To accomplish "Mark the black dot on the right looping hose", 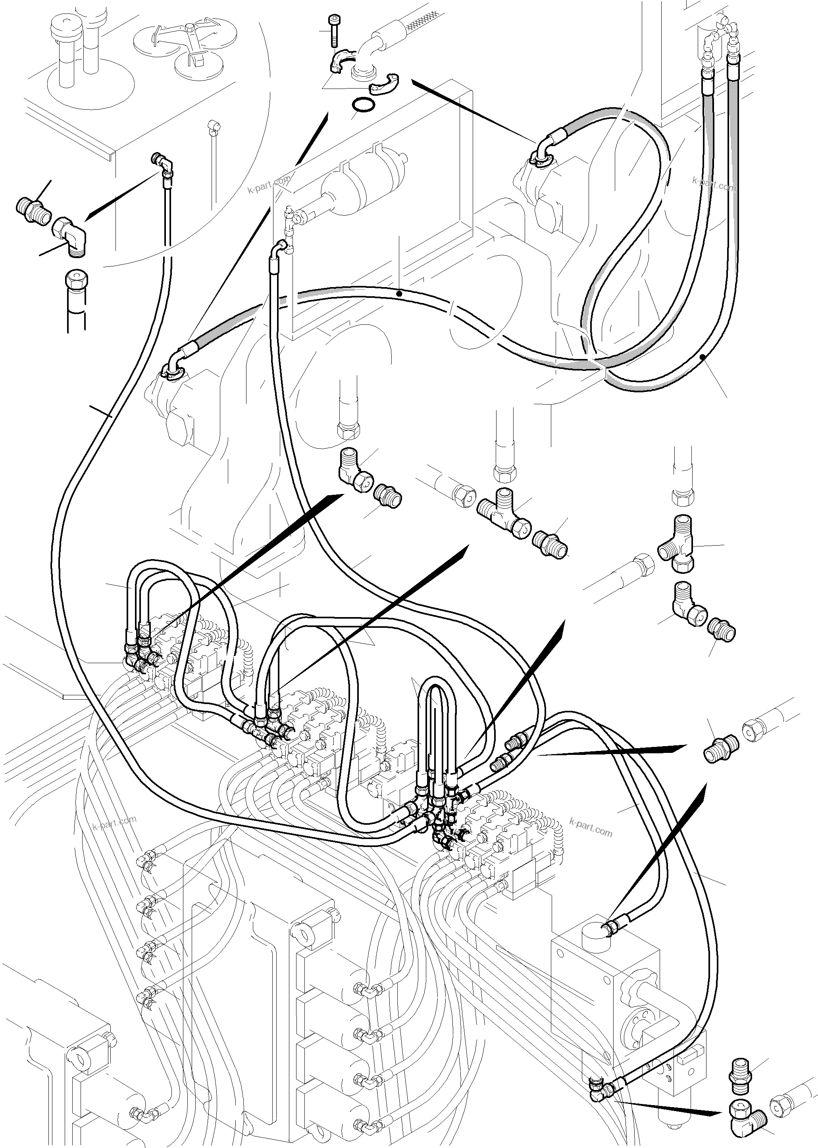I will (703, 357).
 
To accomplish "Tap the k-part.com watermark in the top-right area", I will (714, 184).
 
